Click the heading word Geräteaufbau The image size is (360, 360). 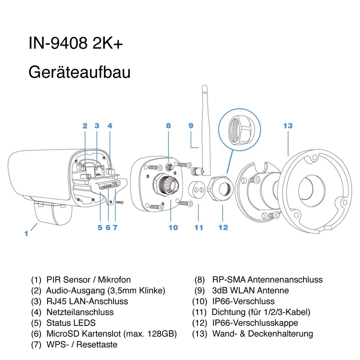point(79,72)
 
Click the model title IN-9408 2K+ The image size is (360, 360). point(75,43)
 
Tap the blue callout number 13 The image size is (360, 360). point(288,126)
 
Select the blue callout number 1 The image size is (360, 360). point(26,233)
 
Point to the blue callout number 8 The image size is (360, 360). point(168,126)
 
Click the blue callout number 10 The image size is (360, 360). point(173,227)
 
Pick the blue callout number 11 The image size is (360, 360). point(199,227)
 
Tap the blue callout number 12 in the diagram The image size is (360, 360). point(223,227)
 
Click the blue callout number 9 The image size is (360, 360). point(191,126)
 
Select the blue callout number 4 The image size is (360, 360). point(110,126)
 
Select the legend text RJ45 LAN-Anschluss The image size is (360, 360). point(87,301)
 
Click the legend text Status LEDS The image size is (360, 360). point(71,322)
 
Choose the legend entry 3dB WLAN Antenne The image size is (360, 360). point(250,290)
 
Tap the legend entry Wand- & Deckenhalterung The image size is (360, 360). point(262,333)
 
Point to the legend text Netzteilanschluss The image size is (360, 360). point(80,312)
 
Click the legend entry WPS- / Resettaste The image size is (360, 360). point(82,344)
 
